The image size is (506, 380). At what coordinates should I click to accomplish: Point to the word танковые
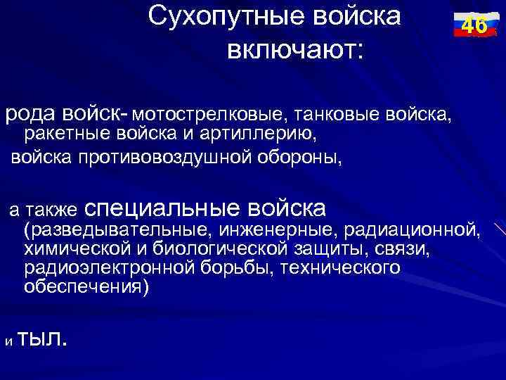pyautogui.click(x=336, y=113)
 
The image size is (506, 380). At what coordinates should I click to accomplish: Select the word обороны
pyautogui.click(x=300, y=156)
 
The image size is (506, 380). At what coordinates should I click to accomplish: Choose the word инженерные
pyautogui.click(x=273, y=229)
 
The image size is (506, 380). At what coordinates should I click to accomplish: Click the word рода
pyautogui.click(x=30, y=113)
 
